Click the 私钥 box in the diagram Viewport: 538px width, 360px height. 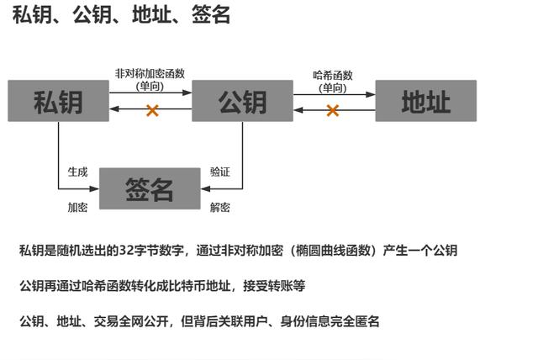[58, 101]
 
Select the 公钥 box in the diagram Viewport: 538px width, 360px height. [242, 101]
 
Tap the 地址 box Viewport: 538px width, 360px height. [426, 101]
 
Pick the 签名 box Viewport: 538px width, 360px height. [150, 188]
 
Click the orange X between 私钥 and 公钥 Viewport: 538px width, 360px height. [152, 110]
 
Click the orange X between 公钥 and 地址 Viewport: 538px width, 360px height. [333, 110]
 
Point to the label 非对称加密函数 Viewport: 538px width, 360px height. [150, 73]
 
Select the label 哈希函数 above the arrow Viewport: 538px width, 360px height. [333, 75]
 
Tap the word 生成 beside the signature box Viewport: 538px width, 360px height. [77, 172]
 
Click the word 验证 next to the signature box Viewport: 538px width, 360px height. [220, 172]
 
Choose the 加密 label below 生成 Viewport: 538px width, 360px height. [77, 207]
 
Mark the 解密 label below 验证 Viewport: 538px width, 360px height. [220, 207]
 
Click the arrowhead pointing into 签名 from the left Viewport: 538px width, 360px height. [94, 188]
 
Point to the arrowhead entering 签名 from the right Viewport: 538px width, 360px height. [205, 188]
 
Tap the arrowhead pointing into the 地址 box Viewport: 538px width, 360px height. [371, 94]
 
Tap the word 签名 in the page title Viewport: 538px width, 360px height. [211, 15]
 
